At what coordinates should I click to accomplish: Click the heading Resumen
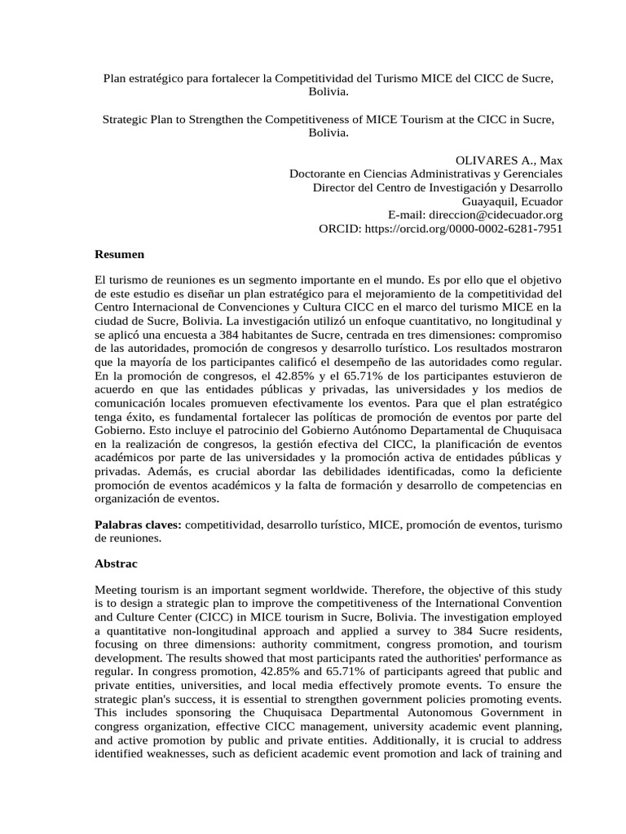[119, 255]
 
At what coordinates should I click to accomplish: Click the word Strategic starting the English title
[127, 120]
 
